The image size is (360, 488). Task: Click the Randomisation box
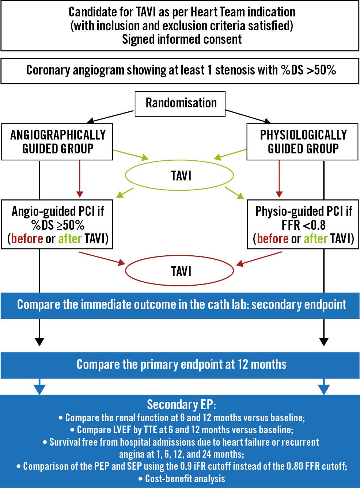pyautogui.click(x=181, y=104)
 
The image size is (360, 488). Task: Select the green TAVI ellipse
pyautogui.click(x=179, y=176)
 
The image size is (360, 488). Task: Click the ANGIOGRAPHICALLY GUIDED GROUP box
pyautogui.click(x=57, y=142)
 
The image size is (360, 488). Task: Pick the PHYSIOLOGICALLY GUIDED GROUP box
pyautogui.click(x=303, y=142)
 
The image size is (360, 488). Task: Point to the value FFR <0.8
pyautogui.click(x=303, y=225)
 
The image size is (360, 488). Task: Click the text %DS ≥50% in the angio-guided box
pyautogui.click(x=58, y=225)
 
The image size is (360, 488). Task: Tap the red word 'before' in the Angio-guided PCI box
pyautogui.click(x=27, y=239)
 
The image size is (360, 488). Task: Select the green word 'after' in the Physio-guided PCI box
pyautogui.click(x=315, y=239)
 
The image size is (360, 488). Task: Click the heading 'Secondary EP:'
pyautogui.click(x=181, y=405)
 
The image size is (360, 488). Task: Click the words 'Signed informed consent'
pyautogui.click(x=182, y=39)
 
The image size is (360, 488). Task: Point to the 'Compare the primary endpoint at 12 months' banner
pyautogui.click(x=181, y=365)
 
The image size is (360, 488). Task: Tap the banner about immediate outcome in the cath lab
pyautogui.click(x=181, y=305)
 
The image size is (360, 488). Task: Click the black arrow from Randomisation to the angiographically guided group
pyautogui.click(x=110, y=117)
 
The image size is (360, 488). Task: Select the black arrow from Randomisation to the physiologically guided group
pyautogui.click(x=249, y=116)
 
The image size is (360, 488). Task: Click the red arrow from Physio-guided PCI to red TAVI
pyautogui.click(x=259, y=258)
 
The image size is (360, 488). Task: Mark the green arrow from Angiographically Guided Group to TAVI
pyautogui.click(x=130, y=155)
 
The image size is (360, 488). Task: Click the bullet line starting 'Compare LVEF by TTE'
pyautogui.click(x=182, y=430)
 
